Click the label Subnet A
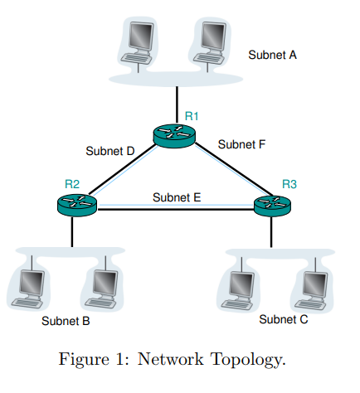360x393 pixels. (272, 55)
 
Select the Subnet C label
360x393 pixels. (283, 318)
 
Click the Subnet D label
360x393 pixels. (109, 151)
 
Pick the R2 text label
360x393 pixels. (71, 183)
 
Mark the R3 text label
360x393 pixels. (289, 182)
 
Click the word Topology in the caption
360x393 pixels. (250, 360)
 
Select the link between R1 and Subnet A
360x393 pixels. (175, 101)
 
